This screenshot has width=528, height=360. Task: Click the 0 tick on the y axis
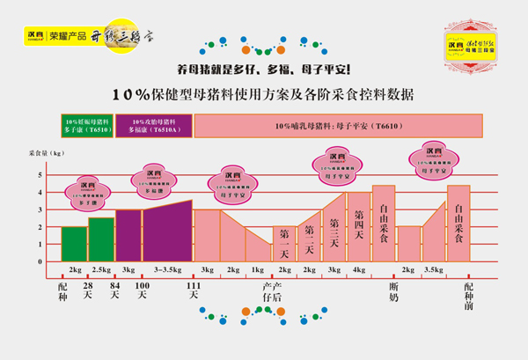click(x=40, y=261)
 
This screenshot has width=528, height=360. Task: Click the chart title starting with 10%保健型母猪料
click(x=263, y=93)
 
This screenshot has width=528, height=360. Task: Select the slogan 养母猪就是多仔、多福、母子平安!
click(x=264, y=69)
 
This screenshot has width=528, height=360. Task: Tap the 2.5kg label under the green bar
click(x=101, y=268)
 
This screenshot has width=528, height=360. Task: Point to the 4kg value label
click(x=359, y=268)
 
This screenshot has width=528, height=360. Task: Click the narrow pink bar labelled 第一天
click(x=284, y=243)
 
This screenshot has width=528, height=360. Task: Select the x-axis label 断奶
click(x=395, y=291)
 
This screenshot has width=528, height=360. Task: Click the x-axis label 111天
click(x=193, y=291)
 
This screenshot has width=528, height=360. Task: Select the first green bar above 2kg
click(x=74, y=244)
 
